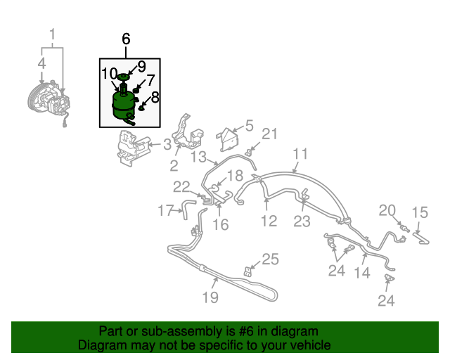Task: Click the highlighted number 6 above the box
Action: tap(126, 39)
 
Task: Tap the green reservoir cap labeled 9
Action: tap(123, 77)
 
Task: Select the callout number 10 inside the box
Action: tap(110, 74)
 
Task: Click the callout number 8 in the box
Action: tap(155, 97)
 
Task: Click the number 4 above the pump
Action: tap(42, 63)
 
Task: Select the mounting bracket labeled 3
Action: tap(133, 149)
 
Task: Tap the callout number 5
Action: tap(250, 125)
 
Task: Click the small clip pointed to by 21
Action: tap(250, 151)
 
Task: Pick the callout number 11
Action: tap(300, 154)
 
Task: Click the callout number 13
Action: tap(199, 157)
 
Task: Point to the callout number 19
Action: tap(210, 297)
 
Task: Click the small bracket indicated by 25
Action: tap(247, 271)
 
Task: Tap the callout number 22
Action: tap(181, 187)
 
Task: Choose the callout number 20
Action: tap(387, 211)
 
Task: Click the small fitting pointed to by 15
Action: tap(421, 238)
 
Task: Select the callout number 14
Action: tap(362, 273)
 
